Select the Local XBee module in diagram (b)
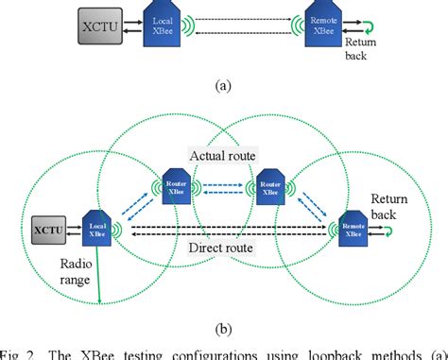(97, 227)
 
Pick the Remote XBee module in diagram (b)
(352, 228)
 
